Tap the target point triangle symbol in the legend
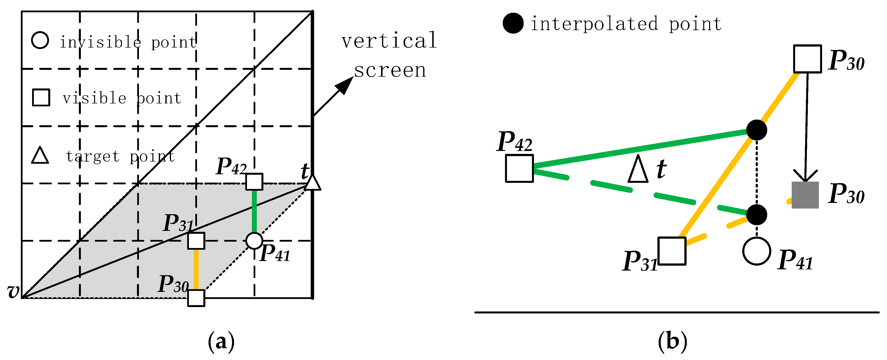[40, 156]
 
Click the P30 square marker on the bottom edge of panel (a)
[196, 298]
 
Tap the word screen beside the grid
[390, 71]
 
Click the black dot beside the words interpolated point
[513, 24]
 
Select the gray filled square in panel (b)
[805, 195]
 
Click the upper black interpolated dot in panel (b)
[756, 130]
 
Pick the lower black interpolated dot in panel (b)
[756, 215]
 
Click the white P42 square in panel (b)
[519, 168]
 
